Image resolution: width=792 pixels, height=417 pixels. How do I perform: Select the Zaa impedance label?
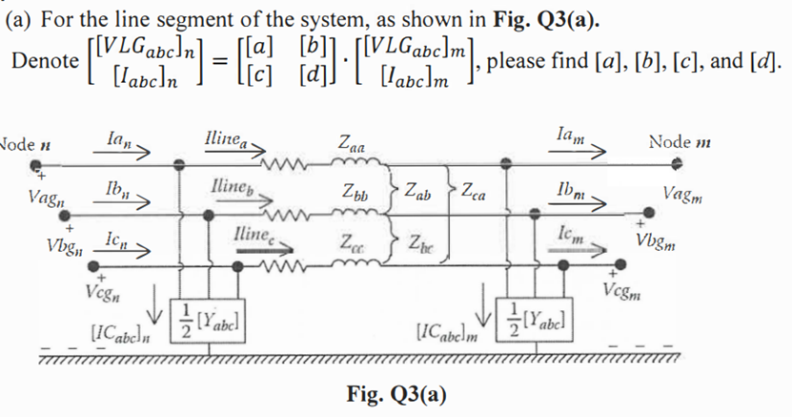[351, 143]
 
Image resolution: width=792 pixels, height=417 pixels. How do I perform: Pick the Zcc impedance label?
[350, 243]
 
